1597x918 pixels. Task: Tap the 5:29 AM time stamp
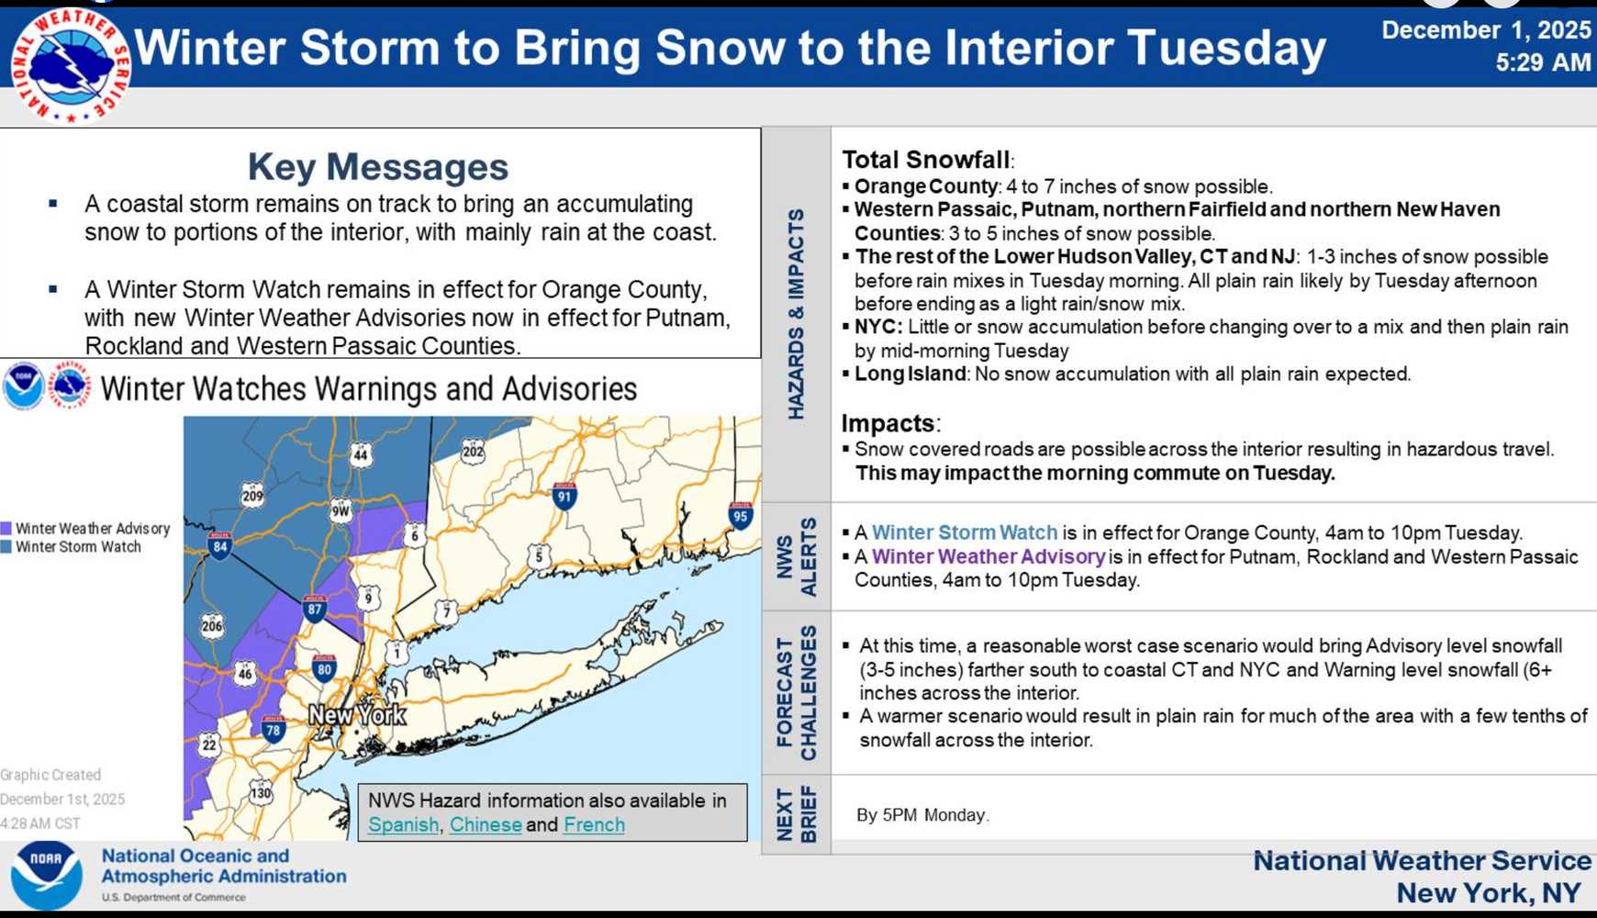(1542, 62)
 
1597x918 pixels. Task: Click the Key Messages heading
(377, 167)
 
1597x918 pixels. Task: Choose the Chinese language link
(486, 824)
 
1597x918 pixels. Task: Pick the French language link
(594, 824)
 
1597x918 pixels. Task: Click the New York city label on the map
(357, 714)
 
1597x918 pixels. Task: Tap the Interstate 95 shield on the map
(740, 514)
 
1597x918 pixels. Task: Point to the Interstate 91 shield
(564, 496)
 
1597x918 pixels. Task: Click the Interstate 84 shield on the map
(219, 546)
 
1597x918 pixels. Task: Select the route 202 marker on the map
(473, 451)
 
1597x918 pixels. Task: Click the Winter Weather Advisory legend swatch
(6, 529)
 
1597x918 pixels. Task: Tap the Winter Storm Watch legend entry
(78, 547)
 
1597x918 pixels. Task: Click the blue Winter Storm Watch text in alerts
(964, 532)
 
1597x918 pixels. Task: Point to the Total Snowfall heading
(925, 160)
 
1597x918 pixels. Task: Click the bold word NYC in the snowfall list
(878, 327)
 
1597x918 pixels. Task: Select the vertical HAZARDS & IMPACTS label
(796, 314)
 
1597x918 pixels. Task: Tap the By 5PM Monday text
(921, 815)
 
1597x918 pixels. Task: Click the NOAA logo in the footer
(47, 874)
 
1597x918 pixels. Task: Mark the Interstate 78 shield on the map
(273, 729)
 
